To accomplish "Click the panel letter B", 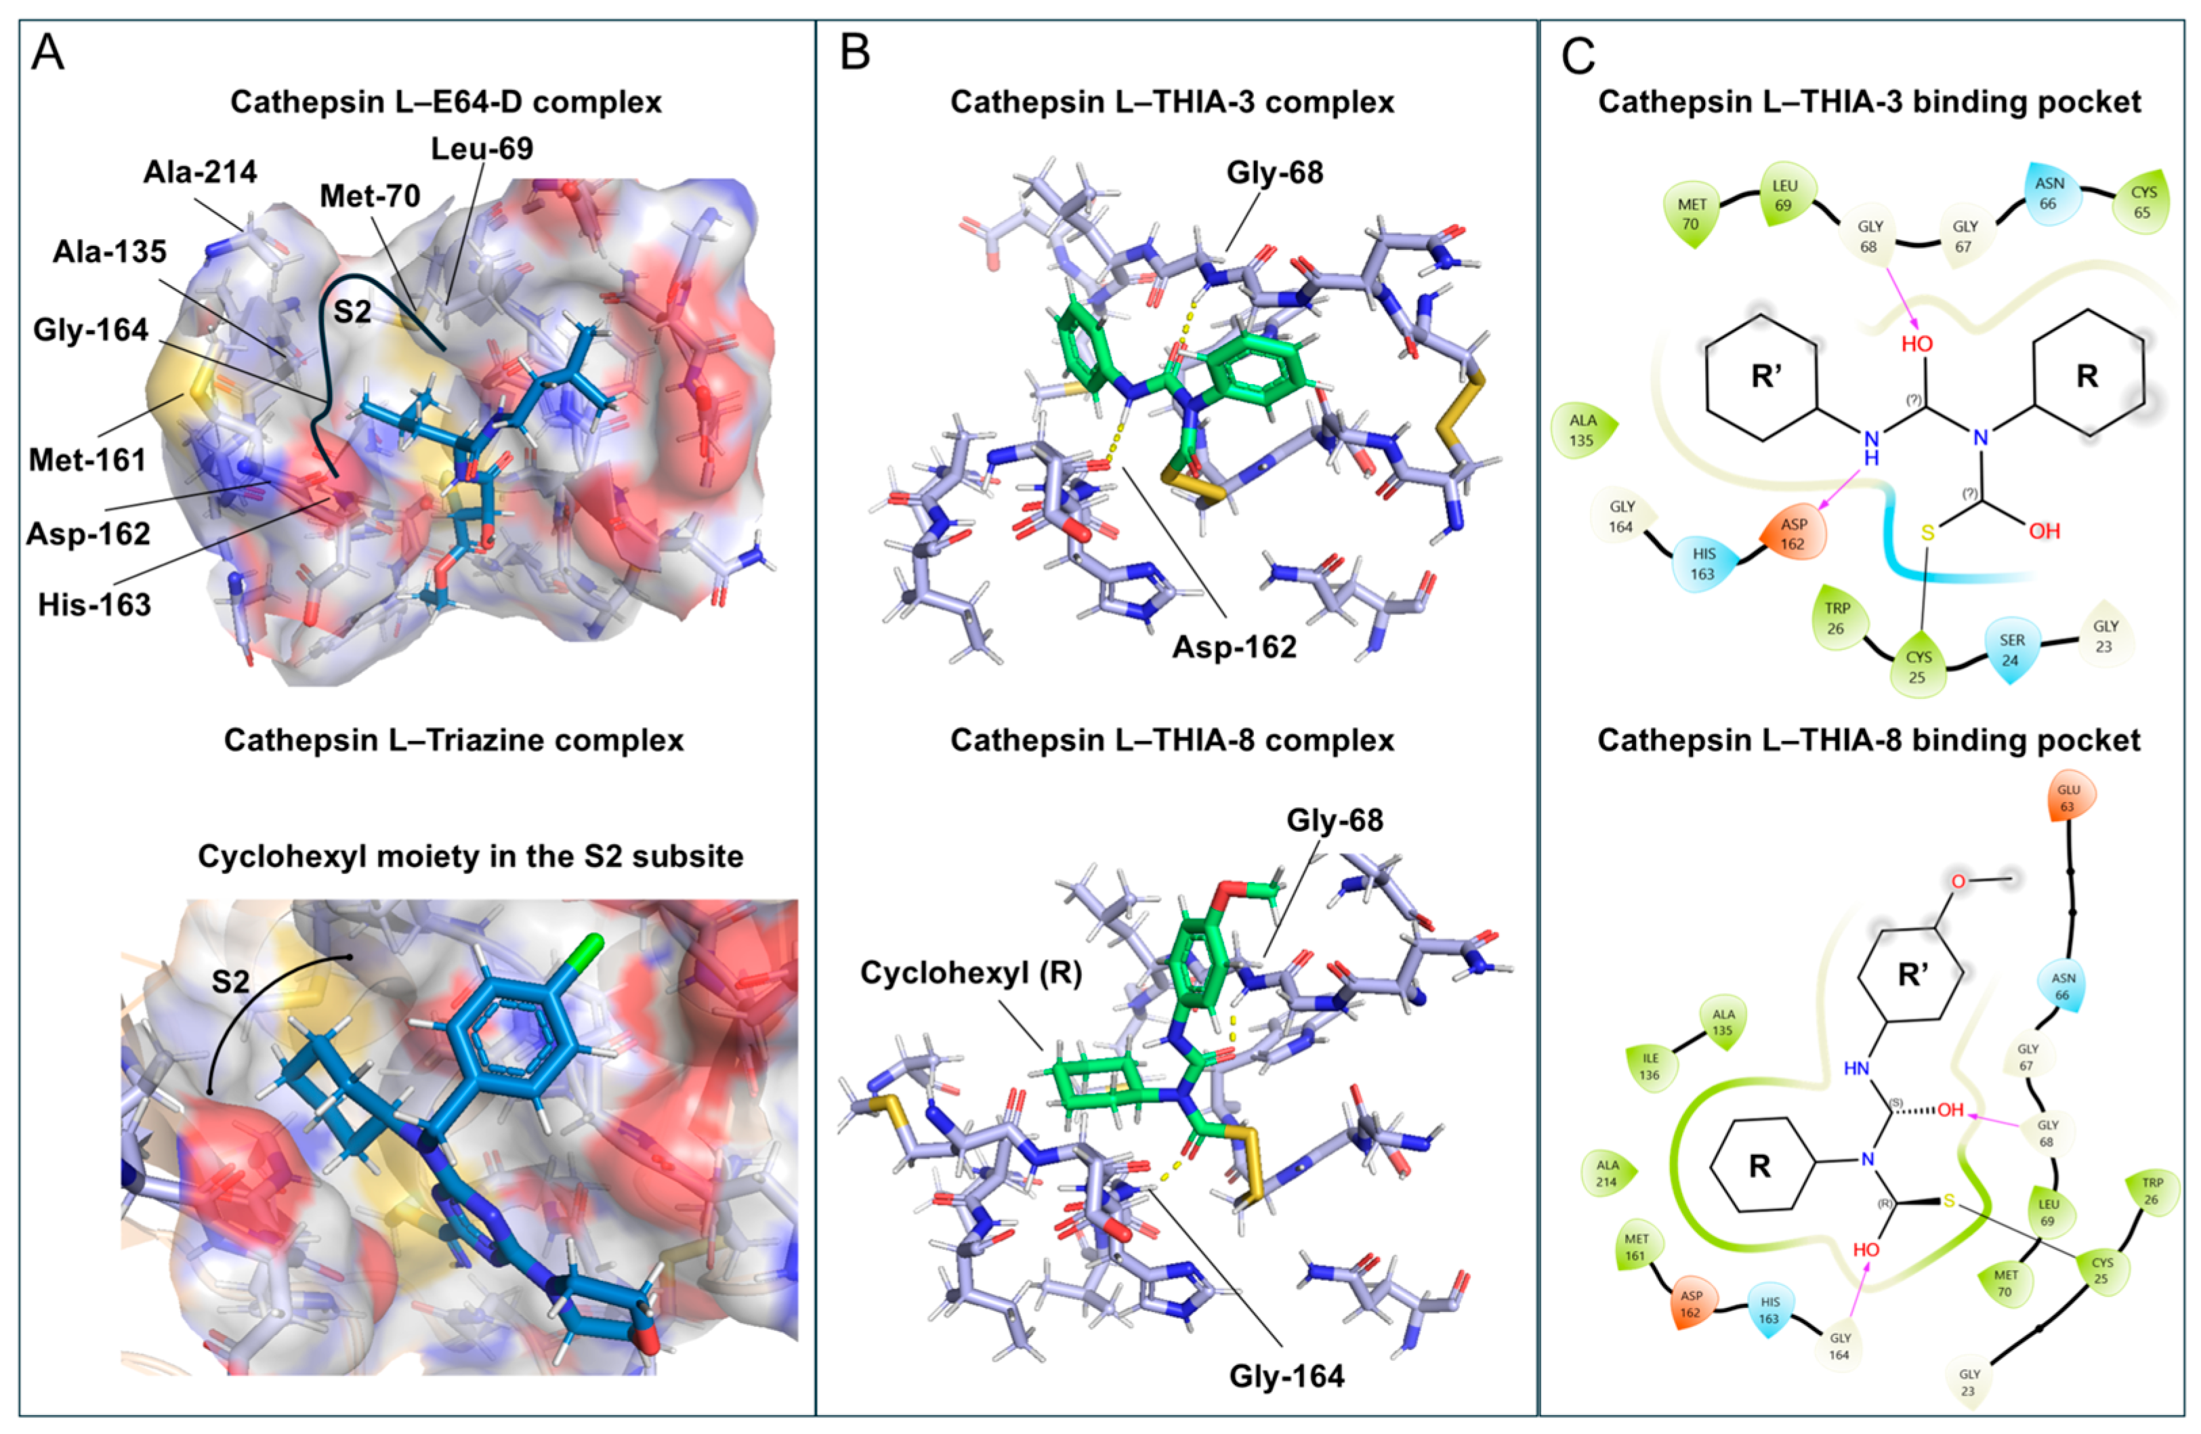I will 854,54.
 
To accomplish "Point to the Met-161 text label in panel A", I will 88,459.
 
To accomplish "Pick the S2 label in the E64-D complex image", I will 352,312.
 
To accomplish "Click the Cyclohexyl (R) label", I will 971,973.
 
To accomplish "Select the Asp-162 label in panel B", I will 1234,647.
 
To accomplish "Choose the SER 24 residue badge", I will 2011,650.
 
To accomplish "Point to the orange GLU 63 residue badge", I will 2068,797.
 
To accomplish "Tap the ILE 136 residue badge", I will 1650,1066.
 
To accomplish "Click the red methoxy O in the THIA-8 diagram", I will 1958,882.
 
